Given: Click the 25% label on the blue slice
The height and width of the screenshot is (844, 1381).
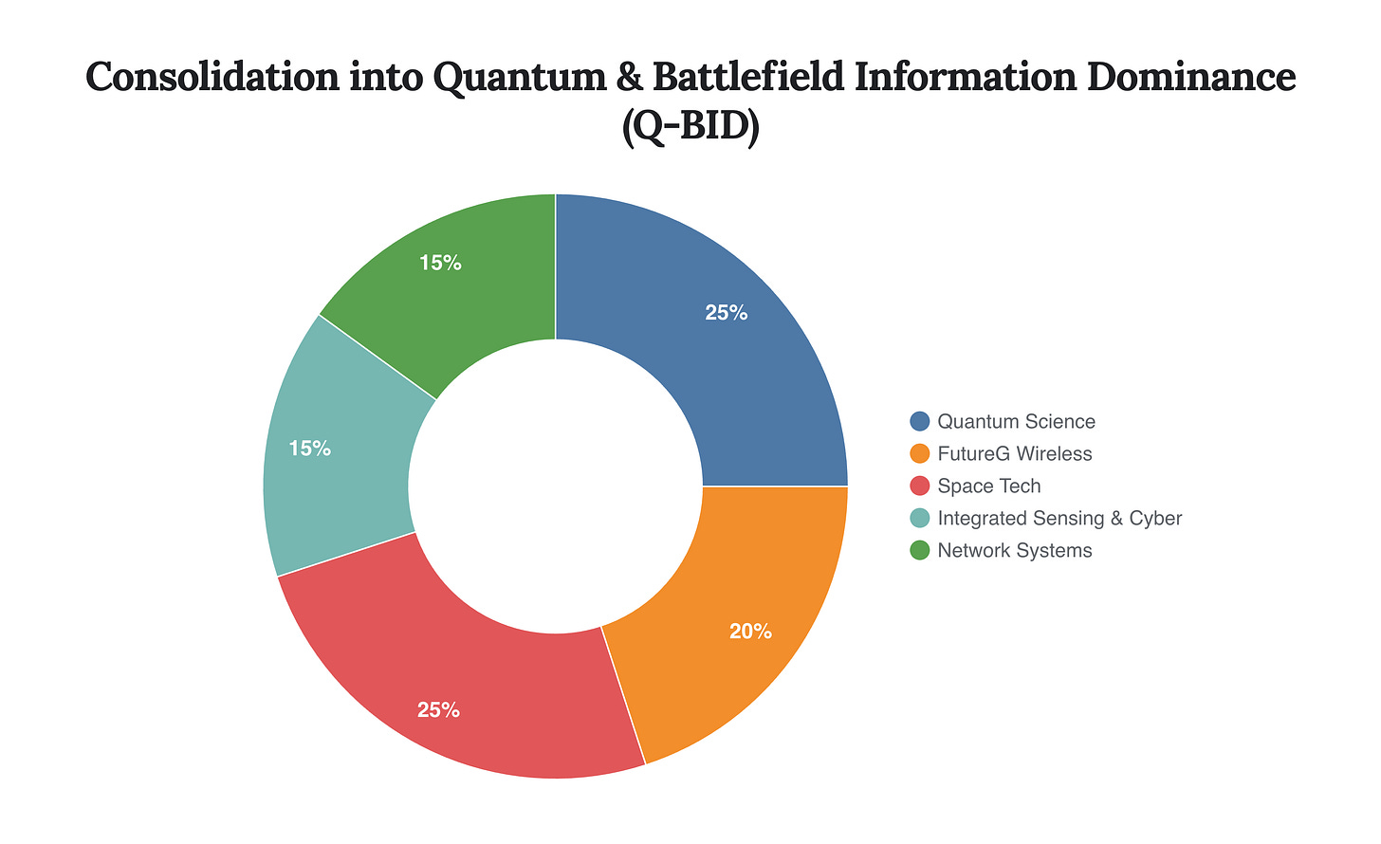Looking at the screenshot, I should point(727,313).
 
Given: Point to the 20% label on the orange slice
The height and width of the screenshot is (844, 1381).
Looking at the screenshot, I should point(750,632).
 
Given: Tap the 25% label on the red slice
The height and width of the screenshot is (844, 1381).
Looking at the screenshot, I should point(438,709).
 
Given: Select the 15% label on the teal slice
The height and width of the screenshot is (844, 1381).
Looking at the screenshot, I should point(310,449).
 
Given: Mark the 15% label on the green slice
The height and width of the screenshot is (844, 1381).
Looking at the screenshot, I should point(440,264).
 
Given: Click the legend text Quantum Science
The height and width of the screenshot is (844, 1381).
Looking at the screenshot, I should point(1016,422).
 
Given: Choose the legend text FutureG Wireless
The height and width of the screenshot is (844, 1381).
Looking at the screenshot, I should point(1015,454).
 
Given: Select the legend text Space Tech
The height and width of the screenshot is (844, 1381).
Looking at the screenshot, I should point(989,486).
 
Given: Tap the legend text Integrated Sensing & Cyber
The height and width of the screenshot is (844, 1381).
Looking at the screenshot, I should point(1059,519).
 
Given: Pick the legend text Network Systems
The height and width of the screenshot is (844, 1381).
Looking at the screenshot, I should point(1015,551).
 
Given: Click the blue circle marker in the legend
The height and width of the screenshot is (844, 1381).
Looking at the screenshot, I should point(919,422).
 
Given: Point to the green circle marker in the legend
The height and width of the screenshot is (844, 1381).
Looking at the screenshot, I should point(919,551).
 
